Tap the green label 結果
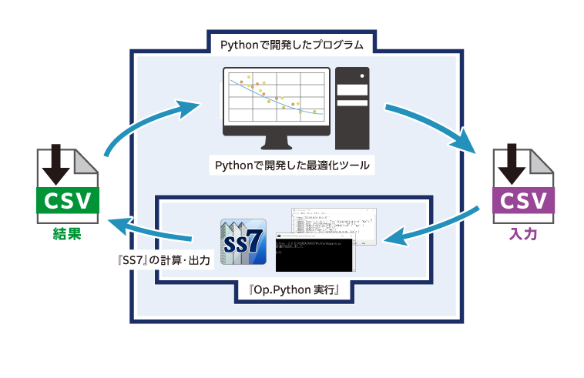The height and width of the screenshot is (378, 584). [67, 233]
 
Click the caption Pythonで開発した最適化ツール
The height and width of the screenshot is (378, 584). [292, 165]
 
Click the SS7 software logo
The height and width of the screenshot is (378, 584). [243, 242]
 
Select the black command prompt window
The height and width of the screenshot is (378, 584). [314, 255]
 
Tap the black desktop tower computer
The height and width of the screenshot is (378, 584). [352, 108]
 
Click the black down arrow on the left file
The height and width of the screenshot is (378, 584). [55, 162]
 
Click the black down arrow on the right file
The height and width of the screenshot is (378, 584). [511, 162]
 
